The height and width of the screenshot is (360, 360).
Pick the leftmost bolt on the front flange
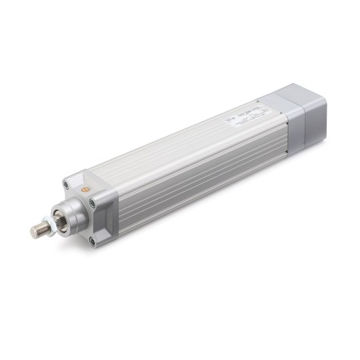tap(66, 183)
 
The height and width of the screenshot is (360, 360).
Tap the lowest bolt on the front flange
tap(92, 240)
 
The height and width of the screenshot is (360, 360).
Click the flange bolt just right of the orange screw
tap(92, 202)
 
